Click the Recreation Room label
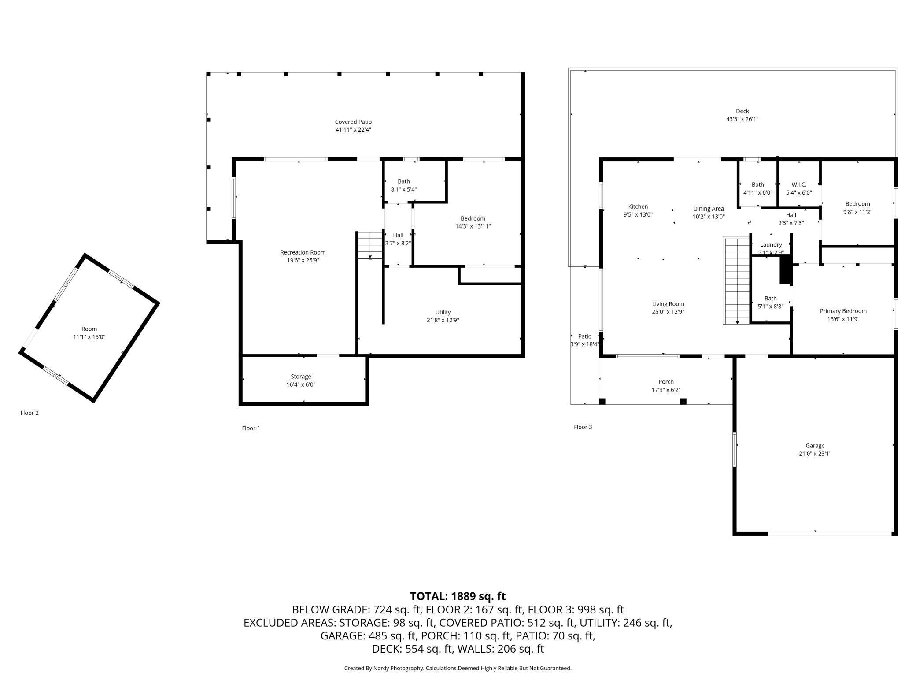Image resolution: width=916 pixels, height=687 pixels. pos(303,252)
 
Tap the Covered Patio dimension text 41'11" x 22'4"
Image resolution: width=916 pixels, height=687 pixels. pos(353,130)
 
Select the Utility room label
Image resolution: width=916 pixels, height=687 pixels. pos(443,312)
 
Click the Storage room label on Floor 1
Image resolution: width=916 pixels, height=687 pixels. pos(301,377)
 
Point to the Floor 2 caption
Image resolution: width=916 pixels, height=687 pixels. pos(30,413)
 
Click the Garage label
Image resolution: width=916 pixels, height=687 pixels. pos(815,446)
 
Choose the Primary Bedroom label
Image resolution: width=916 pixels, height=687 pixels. pos(843,311)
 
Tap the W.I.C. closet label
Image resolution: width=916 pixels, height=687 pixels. pos(799,185)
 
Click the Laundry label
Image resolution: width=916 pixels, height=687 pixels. pos(771,245)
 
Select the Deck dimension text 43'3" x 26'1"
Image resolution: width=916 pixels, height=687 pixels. pos(742,119)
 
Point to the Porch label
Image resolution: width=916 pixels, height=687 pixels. pos(666,382)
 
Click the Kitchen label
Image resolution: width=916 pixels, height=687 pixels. pos(638,207)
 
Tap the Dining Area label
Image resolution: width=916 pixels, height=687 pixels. pos(709,209)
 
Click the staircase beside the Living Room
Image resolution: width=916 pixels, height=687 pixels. pos(736,281)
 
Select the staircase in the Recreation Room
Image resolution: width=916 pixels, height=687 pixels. pos(369,245)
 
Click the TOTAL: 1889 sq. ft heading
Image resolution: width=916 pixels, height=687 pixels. pos(458,596)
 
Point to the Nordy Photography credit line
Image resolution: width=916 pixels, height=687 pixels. pos(458,668)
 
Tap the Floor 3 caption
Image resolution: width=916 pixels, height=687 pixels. pos(583,427)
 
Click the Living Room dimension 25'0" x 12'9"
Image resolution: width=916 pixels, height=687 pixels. pos(668,312)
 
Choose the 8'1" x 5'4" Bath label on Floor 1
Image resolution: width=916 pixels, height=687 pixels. pos(404,189)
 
